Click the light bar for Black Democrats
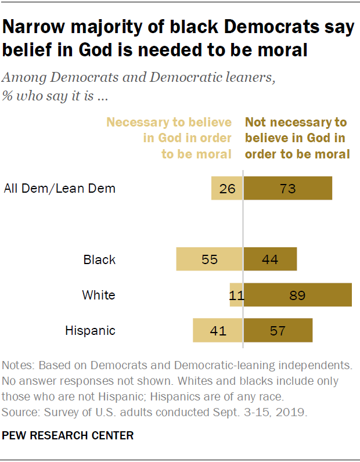pyautogui.click(x=210, y=259)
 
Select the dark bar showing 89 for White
pyautogui.click(x=298, y=295)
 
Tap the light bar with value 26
pyautogui.click(x=227, y=189)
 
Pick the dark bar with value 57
pyautogui.click(x=278, y=330)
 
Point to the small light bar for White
pyautogui.click(x=236, y=295)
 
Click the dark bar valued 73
pyautogui.click(x=288, y=189)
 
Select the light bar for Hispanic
pyautogui.click(x=218, y=330)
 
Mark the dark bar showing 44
pyautogui.click(x=270, y=259)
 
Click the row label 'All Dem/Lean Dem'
pyautogui.click(x=60, y=188)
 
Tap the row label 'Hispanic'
pyautogui.click(x=90, y=331)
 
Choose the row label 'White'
pyautogui.click(x=99, y=295)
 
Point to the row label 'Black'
pyautogui.click(x=99, y=259)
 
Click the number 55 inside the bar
pyautogui.click(x=209, y=259)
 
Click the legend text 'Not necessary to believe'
pyautogui.click(x=296, y=122)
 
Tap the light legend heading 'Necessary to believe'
pyautogui.click(x=169, y=122)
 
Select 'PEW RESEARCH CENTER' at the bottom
pyautogui.click(x=68, y=435)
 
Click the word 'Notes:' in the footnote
pyautogui.click(x=18, y=366)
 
